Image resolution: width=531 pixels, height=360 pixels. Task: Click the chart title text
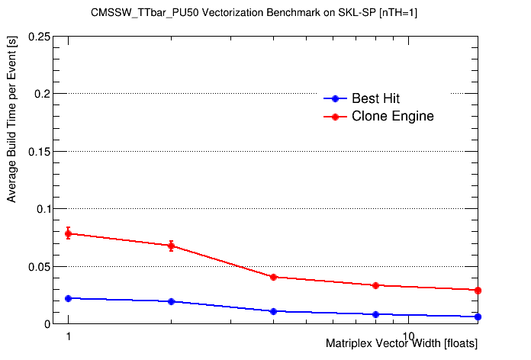click(265, 13)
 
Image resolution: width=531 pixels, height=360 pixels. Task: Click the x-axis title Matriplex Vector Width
click(402, 344)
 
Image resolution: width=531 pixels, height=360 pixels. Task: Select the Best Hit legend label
click(375, 98)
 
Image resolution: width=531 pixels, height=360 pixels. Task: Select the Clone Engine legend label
click(392, 117)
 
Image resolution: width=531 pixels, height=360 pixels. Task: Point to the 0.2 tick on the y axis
click(43, 94)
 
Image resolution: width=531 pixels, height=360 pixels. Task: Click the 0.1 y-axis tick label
click(43, 209)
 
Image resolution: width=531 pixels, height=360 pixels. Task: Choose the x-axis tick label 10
click(409, 336)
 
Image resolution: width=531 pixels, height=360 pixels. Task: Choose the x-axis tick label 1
click(69, 336)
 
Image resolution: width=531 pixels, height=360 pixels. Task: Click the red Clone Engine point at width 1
click(69, 233)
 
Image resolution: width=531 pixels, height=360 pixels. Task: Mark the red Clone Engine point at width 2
click(172, 246)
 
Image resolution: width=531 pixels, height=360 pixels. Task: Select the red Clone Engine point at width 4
click(273, 277)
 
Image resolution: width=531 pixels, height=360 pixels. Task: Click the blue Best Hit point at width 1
click(69, 298)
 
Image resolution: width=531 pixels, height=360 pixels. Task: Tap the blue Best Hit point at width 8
click(375, 314)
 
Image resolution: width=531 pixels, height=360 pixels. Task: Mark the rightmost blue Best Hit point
click(478, 317)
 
